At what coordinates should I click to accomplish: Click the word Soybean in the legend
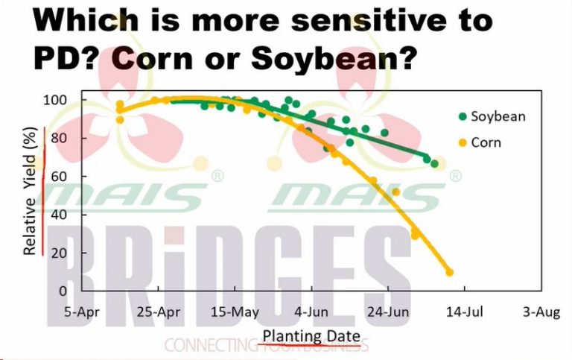[x=498, y=117]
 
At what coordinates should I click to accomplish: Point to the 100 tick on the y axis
[x=55, y=100]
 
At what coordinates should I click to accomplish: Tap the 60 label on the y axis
[x=59, y=177]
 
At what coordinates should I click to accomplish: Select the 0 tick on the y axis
[x=63, y=291]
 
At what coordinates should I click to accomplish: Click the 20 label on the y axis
[x=59, y=253]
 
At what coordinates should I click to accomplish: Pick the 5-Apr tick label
[x=82, y=312]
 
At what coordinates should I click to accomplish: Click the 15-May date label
[x=235, y=312]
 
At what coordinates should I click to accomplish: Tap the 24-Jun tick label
[x=388, y=312]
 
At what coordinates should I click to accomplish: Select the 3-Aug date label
[x=541, y=312]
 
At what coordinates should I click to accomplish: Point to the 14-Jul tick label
[x=465, y=312]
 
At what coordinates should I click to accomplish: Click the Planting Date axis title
[x=311, y=336]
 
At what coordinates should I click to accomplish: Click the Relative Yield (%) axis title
[x=30, y=191]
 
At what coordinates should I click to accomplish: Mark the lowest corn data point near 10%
[x=449, y=272]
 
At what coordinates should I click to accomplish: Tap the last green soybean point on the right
[x=434, y=164]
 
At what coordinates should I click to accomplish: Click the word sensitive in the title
[x=369, y=20]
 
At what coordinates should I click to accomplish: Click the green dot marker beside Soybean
[x=463, y=117]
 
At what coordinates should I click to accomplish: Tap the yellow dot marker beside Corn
[x=463, y=143]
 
